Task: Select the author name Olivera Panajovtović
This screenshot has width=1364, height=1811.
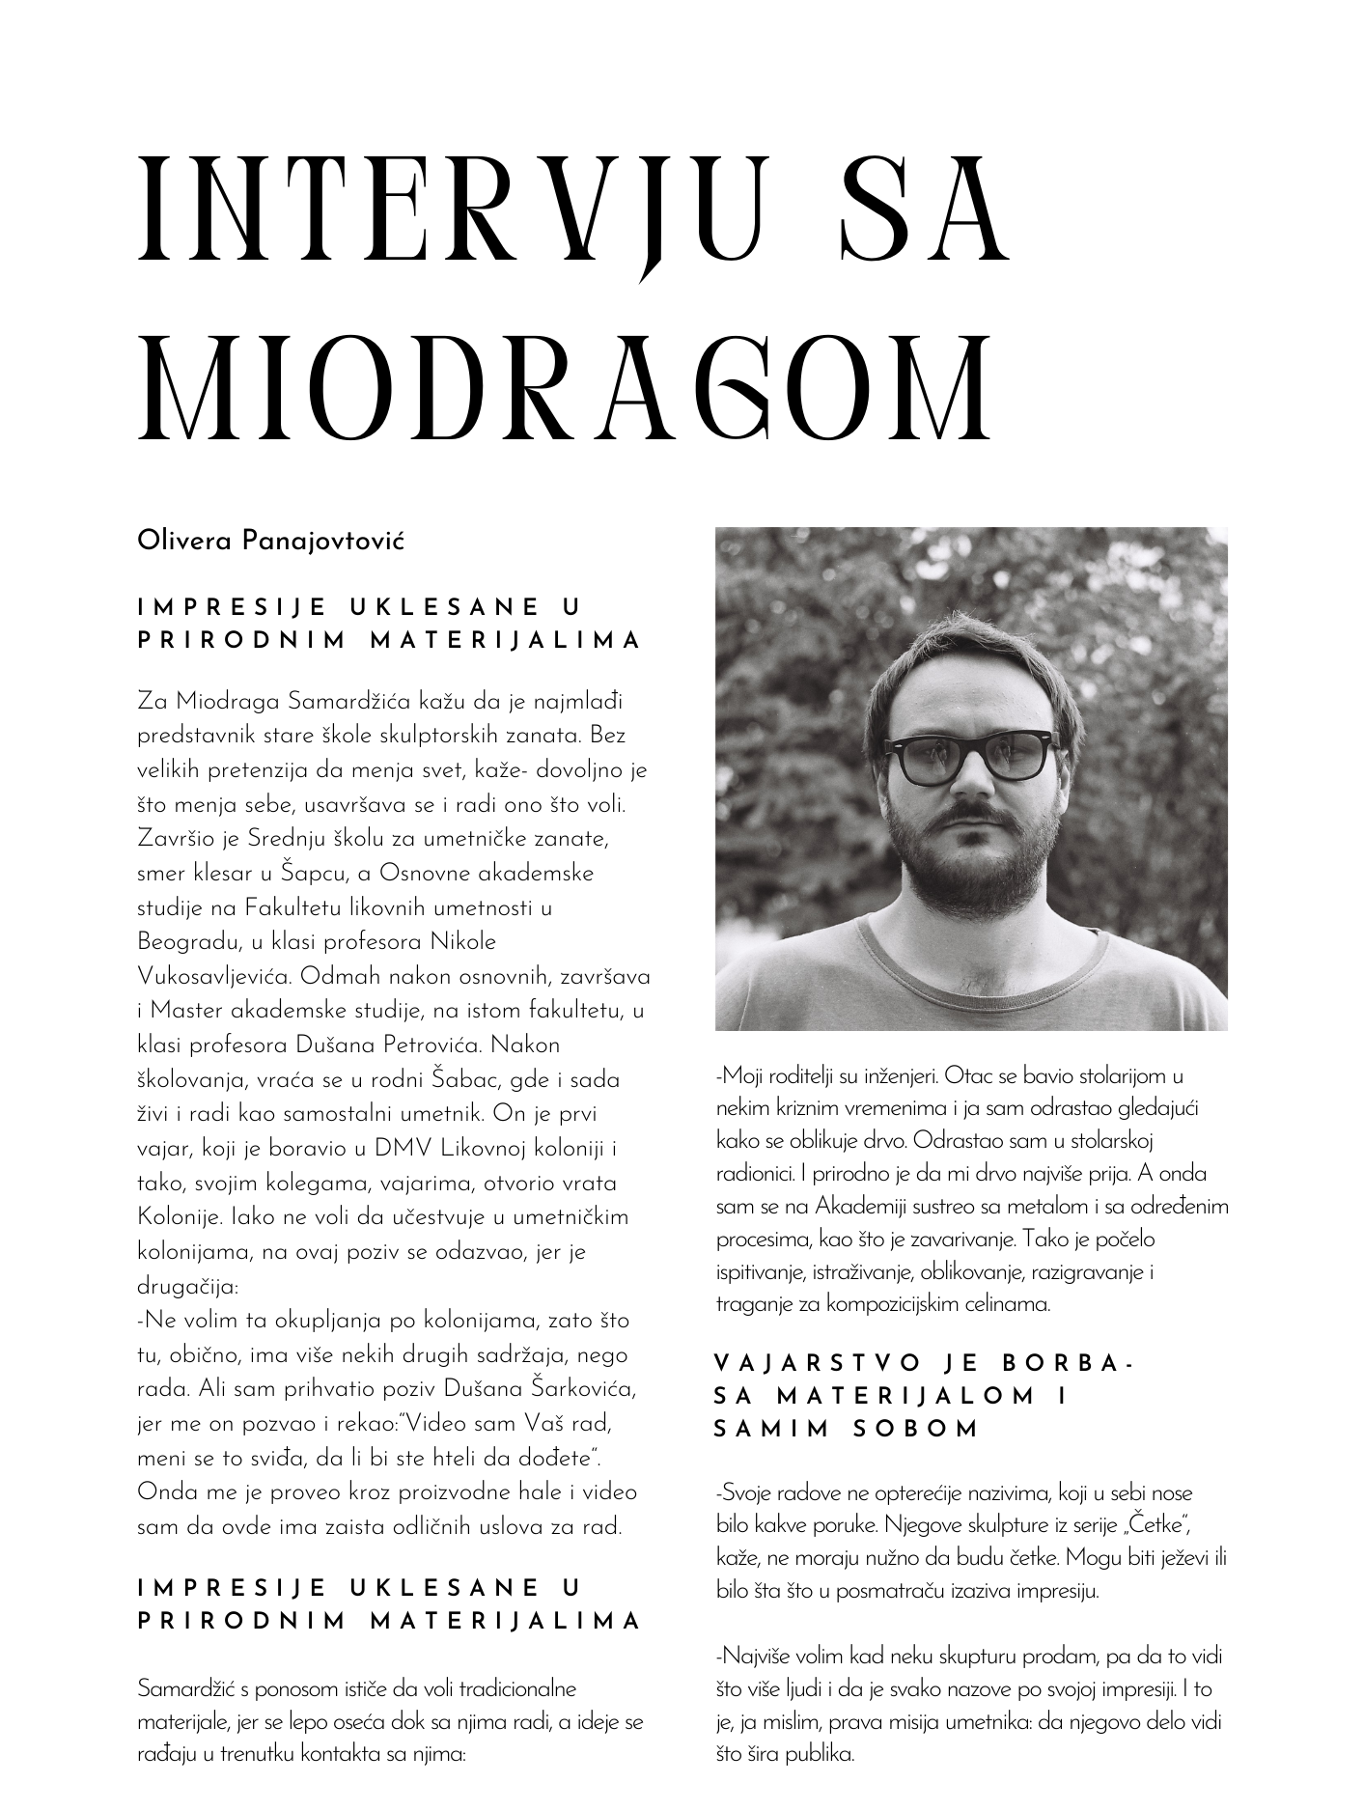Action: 270,541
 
